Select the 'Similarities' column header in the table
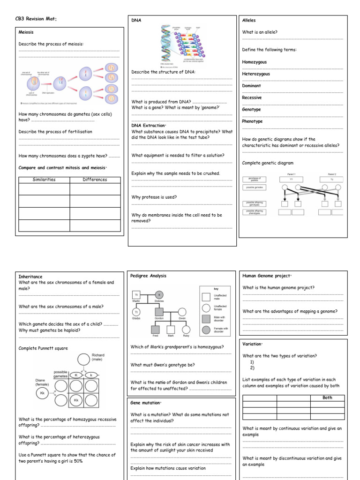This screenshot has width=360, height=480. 44,180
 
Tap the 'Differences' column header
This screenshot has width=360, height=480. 95,180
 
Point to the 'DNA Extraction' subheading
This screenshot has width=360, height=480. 149,126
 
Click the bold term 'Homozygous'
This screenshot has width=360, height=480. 254,62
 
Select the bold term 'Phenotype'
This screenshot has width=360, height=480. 252,121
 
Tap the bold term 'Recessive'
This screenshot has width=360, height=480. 252,97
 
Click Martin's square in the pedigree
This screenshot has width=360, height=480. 136,295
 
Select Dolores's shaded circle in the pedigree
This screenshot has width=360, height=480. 159,295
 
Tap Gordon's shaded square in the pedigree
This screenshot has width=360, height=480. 159,312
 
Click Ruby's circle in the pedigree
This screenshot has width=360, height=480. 186,329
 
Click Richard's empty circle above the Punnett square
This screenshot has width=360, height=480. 84,360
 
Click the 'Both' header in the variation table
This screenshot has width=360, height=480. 327,397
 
